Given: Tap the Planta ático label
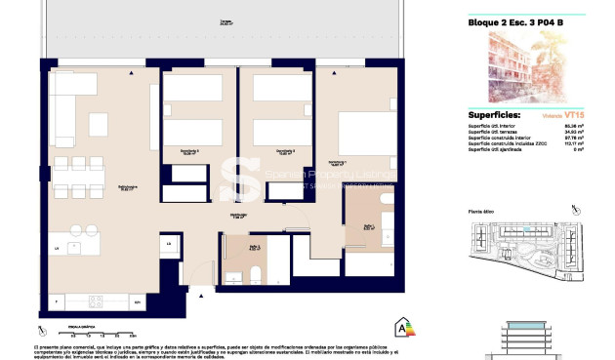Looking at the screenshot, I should [483, 211].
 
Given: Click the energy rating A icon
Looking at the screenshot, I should [399, 328].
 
